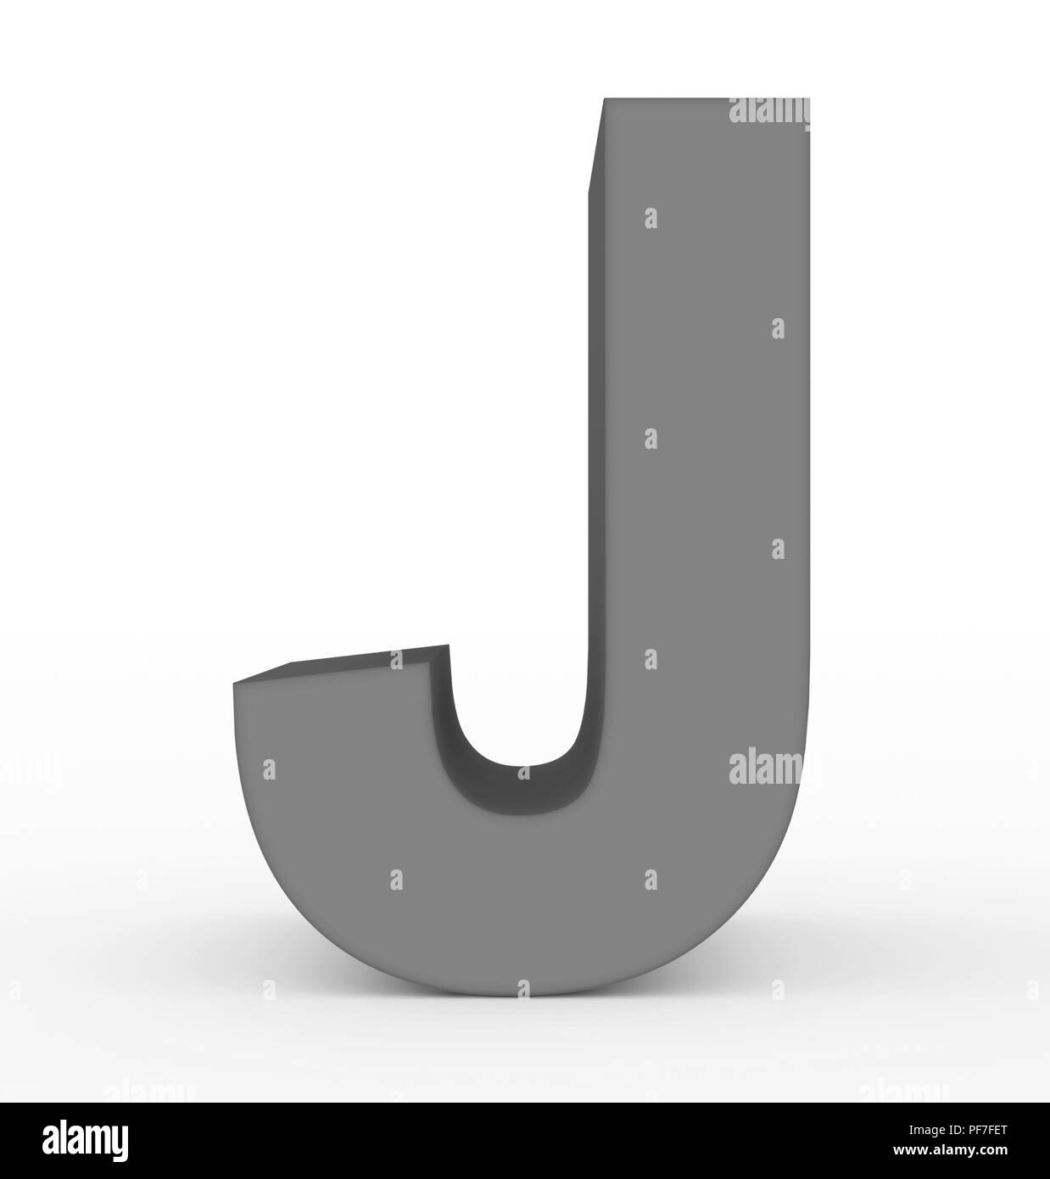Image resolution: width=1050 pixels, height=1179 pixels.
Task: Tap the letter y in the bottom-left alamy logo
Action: point(120,1143)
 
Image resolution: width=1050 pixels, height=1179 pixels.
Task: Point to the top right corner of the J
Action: point(809,99)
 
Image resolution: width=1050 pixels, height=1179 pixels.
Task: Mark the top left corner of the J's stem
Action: point(604,99)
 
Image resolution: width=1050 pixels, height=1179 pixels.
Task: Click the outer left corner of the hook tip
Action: point(234,682)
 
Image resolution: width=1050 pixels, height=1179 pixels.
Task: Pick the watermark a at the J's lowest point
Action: point(523,988)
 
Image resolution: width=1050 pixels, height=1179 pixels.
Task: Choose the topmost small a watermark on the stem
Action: point(651,218)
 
